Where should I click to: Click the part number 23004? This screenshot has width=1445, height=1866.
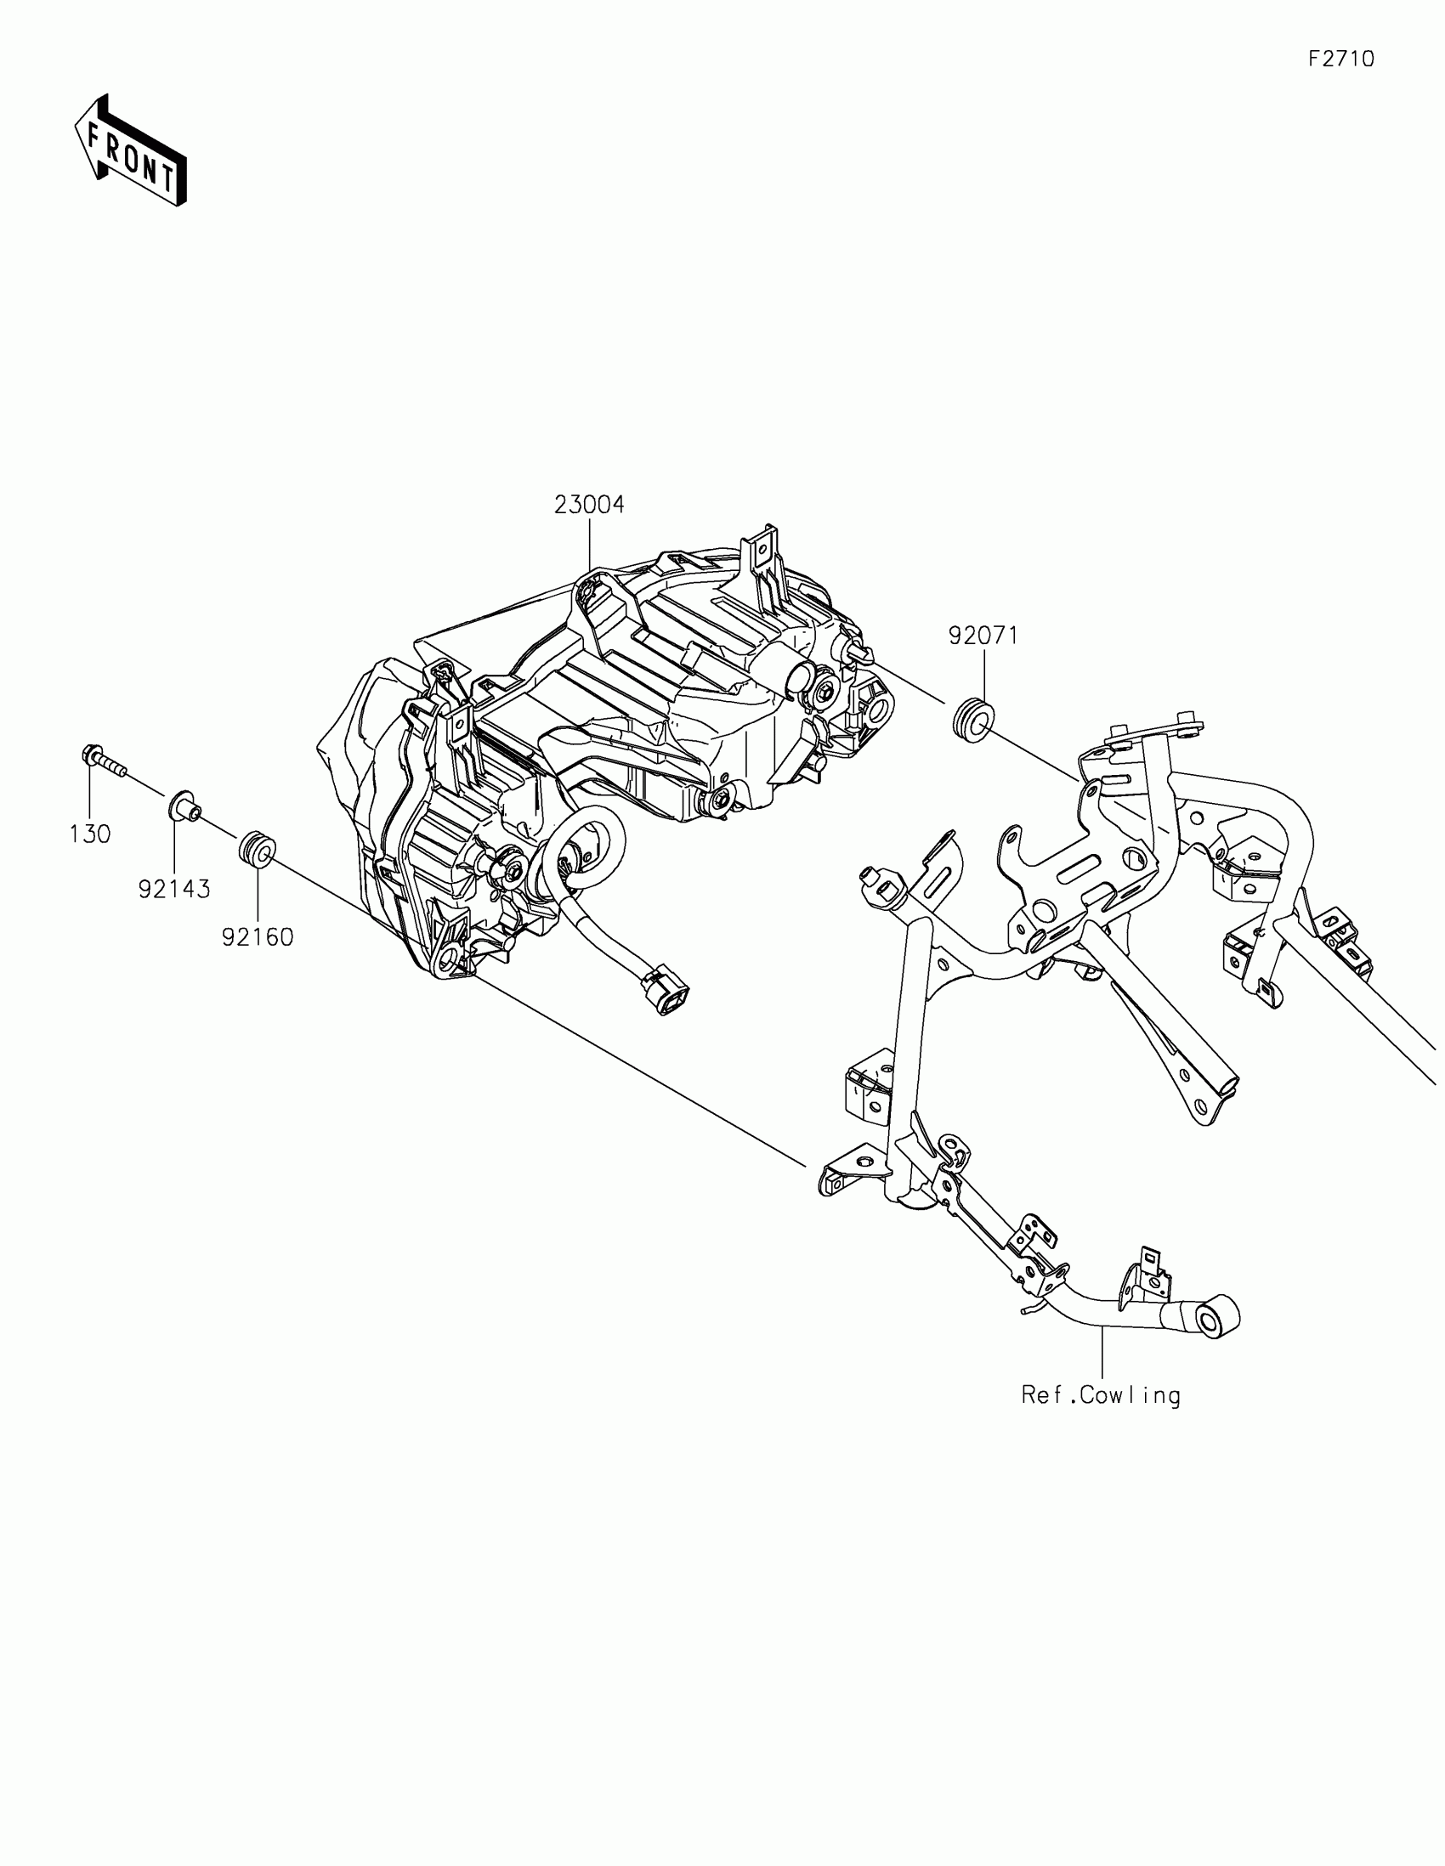pyautogui.click(x=589, y=505)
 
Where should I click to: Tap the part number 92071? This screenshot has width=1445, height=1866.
pyautogui.click(x=983, y=636)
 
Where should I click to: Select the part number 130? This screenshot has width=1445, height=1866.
pyautogui.click(x=90, y=834)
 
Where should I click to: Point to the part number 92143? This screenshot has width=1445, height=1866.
pyautogui.click(x=174, y=890)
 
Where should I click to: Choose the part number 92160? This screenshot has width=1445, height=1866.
pyautogui.click(x=258, y=937)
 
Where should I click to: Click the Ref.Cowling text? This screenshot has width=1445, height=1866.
pyautogui.click(x=1101, y=1395)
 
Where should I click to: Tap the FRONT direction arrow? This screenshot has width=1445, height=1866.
pyautogui.click(x=130, y=150)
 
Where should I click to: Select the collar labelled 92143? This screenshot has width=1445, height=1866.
pyautogui.click(x=182, y=806)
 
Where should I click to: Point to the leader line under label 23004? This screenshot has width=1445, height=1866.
pyautogui.click(x=590, y=547)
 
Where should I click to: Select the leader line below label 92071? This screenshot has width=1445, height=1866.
pyautogui.click(x=983, y=675)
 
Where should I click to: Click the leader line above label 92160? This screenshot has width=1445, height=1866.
pyautogui.click(x=258, y=893)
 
